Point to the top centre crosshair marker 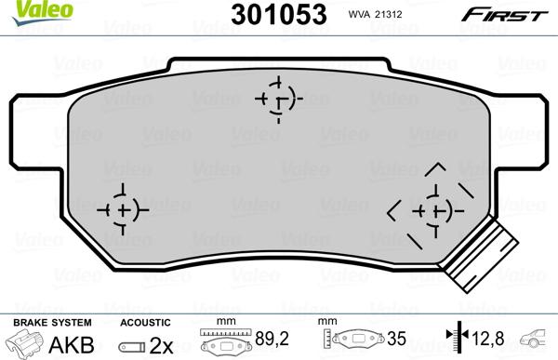(x=277, y=99)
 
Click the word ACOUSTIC (x=146, y=322)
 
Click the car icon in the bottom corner (x=538, y=341)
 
